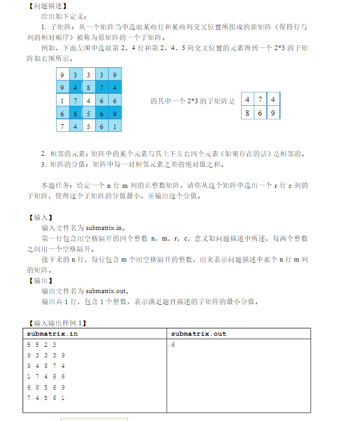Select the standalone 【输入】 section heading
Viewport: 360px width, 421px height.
(x=40, y=217)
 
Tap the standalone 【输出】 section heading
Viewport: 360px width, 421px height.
(x=40, y=280)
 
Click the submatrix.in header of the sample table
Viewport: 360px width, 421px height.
(x=52, y=334)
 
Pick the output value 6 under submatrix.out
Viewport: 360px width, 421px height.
(x=173, y=345)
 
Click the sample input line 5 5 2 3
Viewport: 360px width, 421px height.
(x=41, y=345)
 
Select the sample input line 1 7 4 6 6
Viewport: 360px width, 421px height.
(x=46, y=377)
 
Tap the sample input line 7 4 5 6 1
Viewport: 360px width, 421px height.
(x=46, y=398)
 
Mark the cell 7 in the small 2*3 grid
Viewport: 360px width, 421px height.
(x=260, y=99)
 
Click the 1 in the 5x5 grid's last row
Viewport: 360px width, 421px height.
(x=114, y=126)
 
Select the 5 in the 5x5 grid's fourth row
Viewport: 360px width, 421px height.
(x=88, y=113)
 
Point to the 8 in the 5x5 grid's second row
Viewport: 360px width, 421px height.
(x=88, y=87)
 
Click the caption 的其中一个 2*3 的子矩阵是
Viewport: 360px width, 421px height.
(x=193, y=101)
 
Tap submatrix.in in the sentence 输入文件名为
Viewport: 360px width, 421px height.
(x=105, y=228)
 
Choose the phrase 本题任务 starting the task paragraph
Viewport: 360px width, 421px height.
(x=55, y=186)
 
